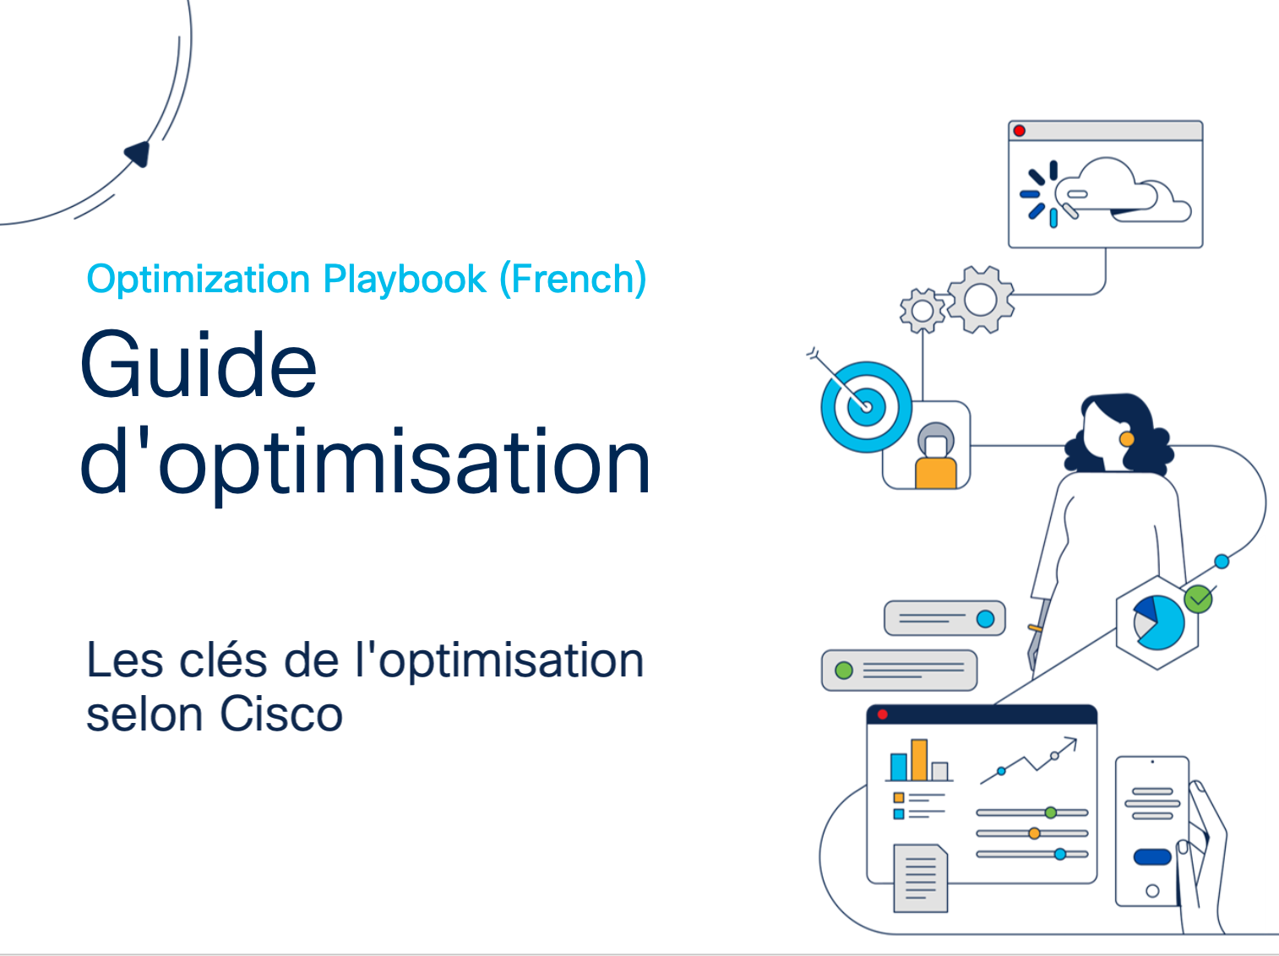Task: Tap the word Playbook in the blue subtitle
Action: [x=405, y=279]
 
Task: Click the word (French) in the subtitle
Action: [x=574, y=279]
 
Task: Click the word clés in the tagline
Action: [x=223, y=660]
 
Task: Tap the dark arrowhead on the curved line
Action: [x=138, y=154]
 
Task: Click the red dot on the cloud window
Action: [x=1019, y=131]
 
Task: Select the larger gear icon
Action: [x=981, y=300]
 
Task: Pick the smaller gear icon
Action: [x=923, y=311]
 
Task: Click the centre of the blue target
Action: [x=867, y=406]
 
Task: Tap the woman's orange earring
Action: [x=1127, y=438]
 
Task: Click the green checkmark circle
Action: [x=1198, y=599]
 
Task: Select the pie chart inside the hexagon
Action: [x=1159, y=622]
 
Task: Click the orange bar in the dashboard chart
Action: [x=919, y=760]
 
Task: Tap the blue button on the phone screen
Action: [x=1152, y=857]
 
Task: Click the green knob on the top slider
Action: [x=1051, y=812]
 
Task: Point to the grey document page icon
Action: [x=921, y=878]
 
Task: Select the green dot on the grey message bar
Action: [x=844, y=671]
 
